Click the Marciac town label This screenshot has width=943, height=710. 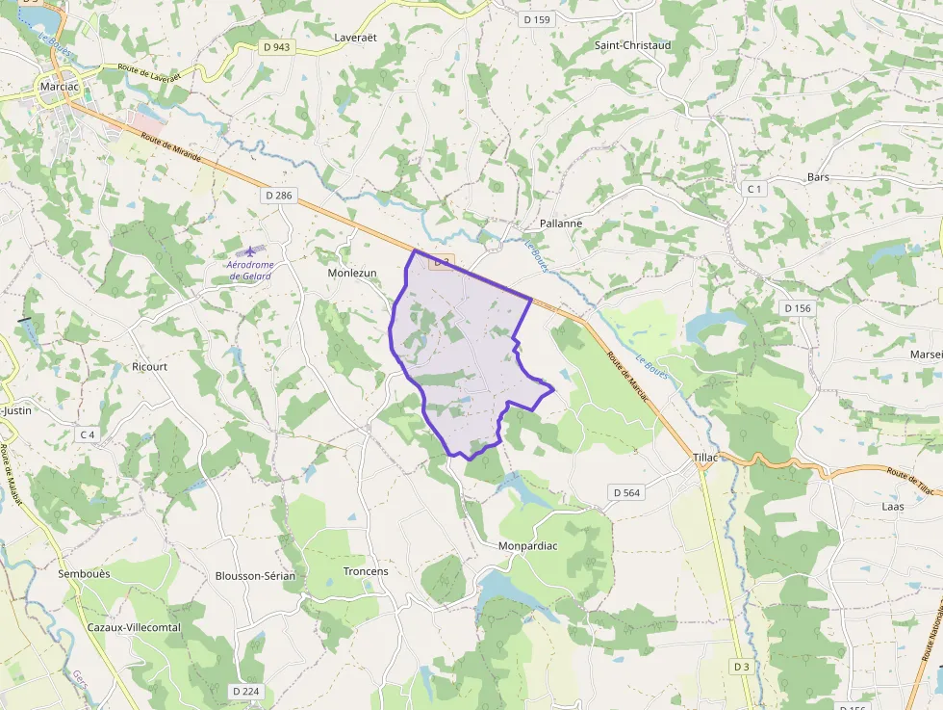(59, 86)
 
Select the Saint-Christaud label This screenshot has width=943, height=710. (632, 45)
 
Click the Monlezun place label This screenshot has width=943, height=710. (352, 273)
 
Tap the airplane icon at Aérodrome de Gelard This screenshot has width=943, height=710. (250, 250)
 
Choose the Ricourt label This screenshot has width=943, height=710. (149, 367)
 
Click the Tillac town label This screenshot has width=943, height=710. (705, 458)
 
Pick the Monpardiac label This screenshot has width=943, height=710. (527, 546)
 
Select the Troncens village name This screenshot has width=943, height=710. (366, 571)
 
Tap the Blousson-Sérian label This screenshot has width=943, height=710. (255, 575)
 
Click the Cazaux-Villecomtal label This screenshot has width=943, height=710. (134, 627)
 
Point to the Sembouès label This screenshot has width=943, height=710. (84, 573)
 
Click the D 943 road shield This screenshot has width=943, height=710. (276, 46)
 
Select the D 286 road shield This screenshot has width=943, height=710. (278, 196)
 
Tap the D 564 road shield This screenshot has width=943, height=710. (625, 492)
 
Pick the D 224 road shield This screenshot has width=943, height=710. (246, 691)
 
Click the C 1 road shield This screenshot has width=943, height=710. (754, 189)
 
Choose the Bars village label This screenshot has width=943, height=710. (818, 177)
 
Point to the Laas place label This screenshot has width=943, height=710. (892, 506)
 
